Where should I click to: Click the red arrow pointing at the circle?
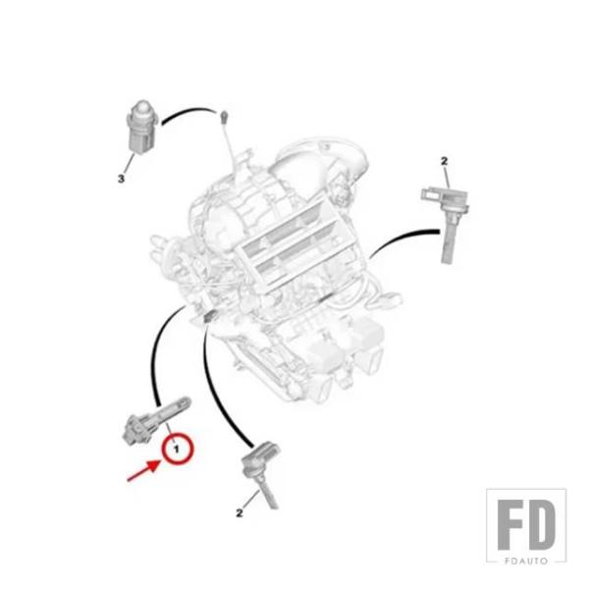point(143,470)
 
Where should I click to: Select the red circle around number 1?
point(177,449)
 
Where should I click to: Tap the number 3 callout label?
point(121,179)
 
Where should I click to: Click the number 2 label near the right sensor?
point(445,162)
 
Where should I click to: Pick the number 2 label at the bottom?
point(240,512)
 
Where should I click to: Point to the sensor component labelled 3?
point(142,128)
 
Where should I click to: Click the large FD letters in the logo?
point(526,524)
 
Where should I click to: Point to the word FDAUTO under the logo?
point(526,561)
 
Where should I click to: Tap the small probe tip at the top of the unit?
point(224,117)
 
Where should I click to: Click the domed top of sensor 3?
point(142,107)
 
